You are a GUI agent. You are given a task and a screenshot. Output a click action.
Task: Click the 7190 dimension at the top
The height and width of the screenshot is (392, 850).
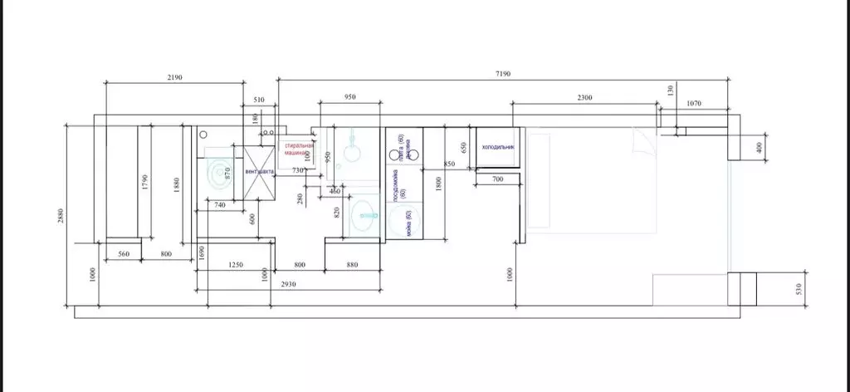(503, 75)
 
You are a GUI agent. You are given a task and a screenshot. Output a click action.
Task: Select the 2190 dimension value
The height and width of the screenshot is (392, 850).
(174, 77)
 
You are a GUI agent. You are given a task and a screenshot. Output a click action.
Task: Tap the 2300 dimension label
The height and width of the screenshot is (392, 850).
(584, 98)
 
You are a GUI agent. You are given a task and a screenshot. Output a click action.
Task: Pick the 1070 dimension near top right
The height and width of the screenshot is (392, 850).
(695, 103)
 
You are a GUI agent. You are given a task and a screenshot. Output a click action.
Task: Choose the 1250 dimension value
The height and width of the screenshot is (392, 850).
(236, 265)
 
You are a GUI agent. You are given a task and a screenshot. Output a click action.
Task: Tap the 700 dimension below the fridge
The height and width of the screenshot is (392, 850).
(497, 179)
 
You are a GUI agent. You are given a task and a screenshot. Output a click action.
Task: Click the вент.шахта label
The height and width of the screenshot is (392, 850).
(259, 172)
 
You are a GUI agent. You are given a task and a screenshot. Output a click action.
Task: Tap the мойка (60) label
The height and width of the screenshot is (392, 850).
(408, 224)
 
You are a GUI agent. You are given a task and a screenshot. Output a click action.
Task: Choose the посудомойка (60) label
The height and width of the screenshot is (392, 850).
(400, 186)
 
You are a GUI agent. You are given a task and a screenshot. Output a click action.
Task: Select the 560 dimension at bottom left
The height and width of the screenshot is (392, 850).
(123, 254)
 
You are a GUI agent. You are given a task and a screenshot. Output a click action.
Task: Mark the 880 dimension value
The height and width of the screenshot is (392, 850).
(352, 265)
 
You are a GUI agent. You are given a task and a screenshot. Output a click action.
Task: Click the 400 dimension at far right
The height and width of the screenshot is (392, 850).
(759, 147)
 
